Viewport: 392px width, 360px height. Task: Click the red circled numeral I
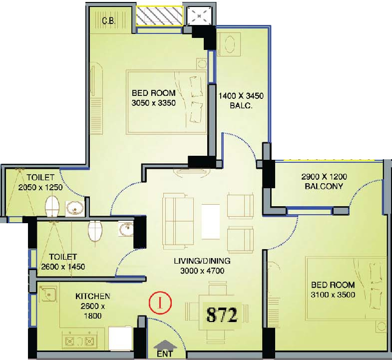pos(160,303)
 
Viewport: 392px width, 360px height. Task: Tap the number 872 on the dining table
pos(222,315)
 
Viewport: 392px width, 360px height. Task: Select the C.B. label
pos(109,21)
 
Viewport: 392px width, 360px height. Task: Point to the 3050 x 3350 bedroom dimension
pos(153,103)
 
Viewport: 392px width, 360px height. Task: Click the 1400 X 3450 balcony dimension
pos(241,96)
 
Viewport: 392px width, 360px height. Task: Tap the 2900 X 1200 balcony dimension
pos(324,177)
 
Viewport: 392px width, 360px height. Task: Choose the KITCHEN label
pos(93,296)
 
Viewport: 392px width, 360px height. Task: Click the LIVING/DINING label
pos(202,261)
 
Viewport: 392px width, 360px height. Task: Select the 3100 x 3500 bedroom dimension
pos(333,295)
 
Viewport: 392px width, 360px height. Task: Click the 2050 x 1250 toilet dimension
pos(40,187)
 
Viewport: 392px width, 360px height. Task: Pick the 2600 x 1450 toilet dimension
pos(63,267)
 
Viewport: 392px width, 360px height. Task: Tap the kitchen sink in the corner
pos(48,294)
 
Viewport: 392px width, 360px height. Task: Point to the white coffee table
pos(211,222)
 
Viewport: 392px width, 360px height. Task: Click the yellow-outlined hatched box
pos(160,16)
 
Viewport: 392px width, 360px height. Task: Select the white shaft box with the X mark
pos(199,16)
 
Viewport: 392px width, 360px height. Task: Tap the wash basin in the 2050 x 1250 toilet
pos(74,208)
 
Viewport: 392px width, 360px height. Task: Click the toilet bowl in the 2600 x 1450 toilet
pos(95,231)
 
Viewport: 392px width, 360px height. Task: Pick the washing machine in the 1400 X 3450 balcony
pos(229,44)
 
